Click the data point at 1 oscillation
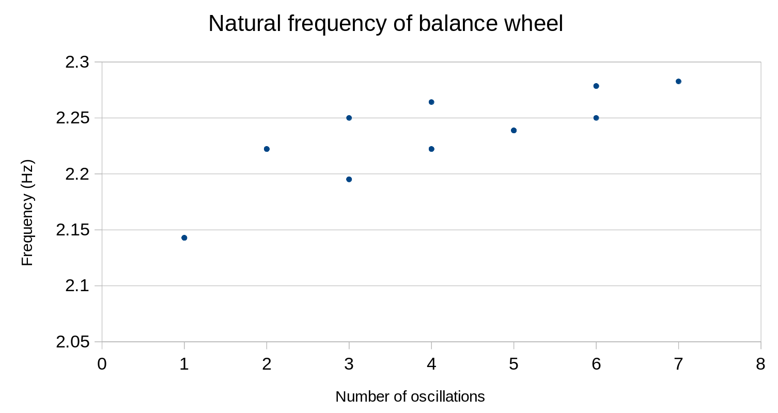(184, 237)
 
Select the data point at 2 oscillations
(267, 149)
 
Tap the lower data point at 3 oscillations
(349, 179)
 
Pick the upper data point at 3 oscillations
(349, 118)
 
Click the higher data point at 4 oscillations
(431, 102)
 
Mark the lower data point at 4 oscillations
(431, 149)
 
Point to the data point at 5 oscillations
(514, 130)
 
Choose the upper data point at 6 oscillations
(596, 86)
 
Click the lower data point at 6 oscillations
(596, 118)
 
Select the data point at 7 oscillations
(678, 81)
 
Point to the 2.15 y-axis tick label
(72, 230)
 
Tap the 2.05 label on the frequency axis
(72, 342)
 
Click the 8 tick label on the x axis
(760, 364)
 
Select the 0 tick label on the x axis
(102, 364)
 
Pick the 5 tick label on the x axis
(514, 364)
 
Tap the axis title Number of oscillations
(410, 396)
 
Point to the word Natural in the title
(241, 24)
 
